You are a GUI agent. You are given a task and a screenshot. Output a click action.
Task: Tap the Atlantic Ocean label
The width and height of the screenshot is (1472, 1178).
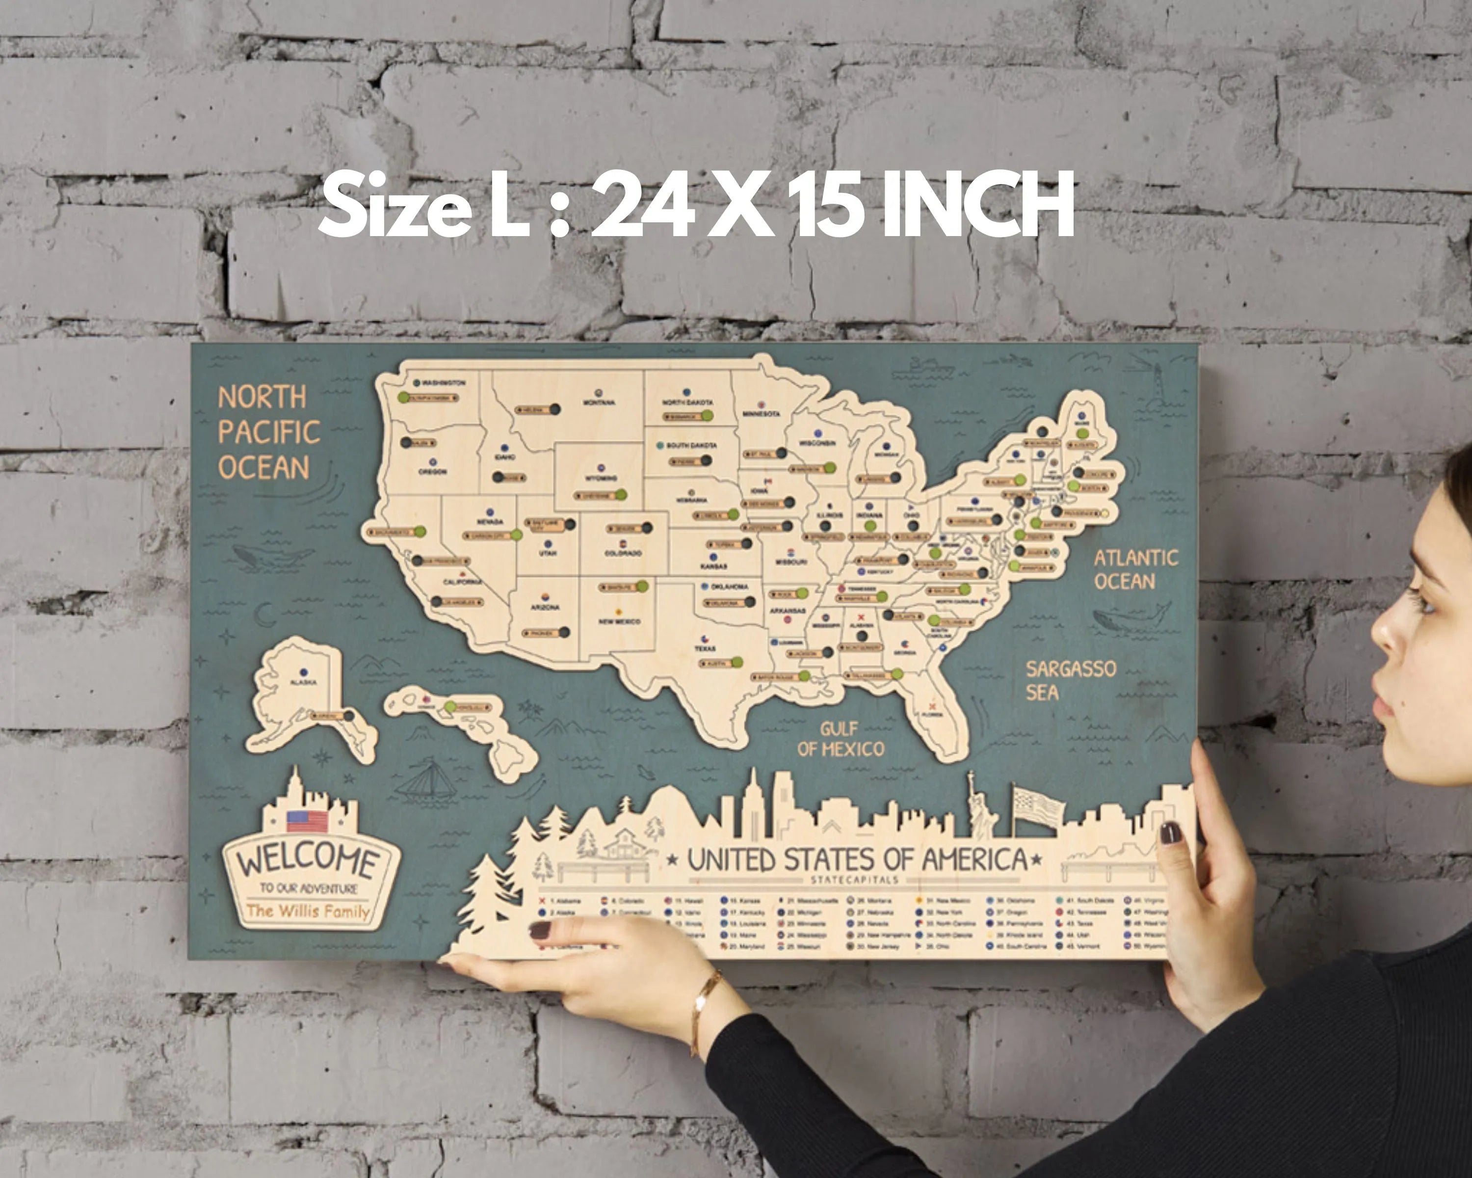click(1135, 569)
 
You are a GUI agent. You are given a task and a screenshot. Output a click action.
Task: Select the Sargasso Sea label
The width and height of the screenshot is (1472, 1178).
click(1070, 680)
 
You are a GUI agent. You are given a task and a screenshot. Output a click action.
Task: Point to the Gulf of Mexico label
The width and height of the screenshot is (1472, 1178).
click(841, 739)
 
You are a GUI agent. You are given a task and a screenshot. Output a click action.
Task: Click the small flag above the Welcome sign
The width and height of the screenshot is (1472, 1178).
click(307, 820)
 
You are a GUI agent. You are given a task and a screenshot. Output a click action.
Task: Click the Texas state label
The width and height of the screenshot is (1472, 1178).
click(705, 648)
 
